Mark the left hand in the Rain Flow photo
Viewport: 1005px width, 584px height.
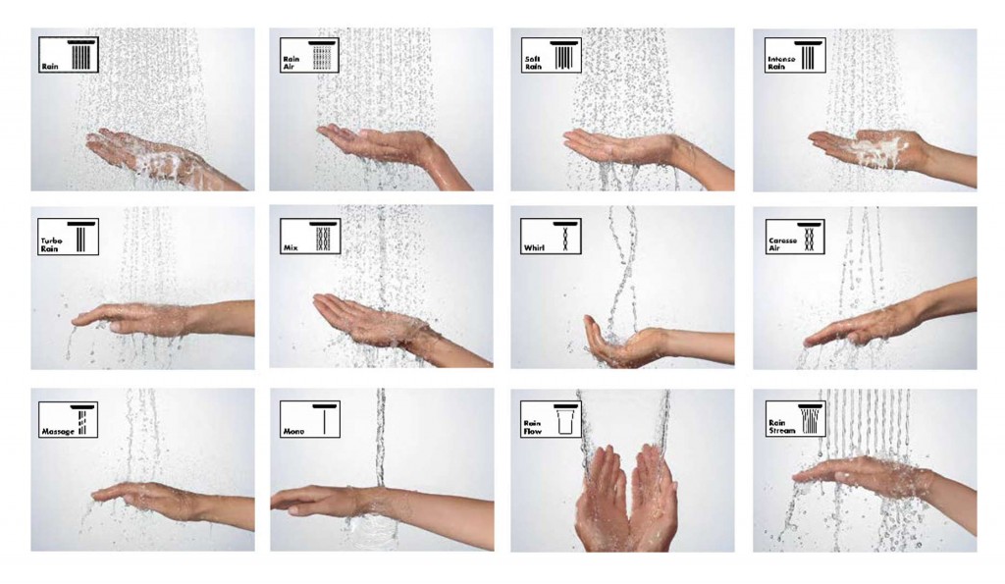click(x=601, y=501)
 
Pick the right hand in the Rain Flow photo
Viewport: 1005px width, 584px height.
click(x=653, y=501)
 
